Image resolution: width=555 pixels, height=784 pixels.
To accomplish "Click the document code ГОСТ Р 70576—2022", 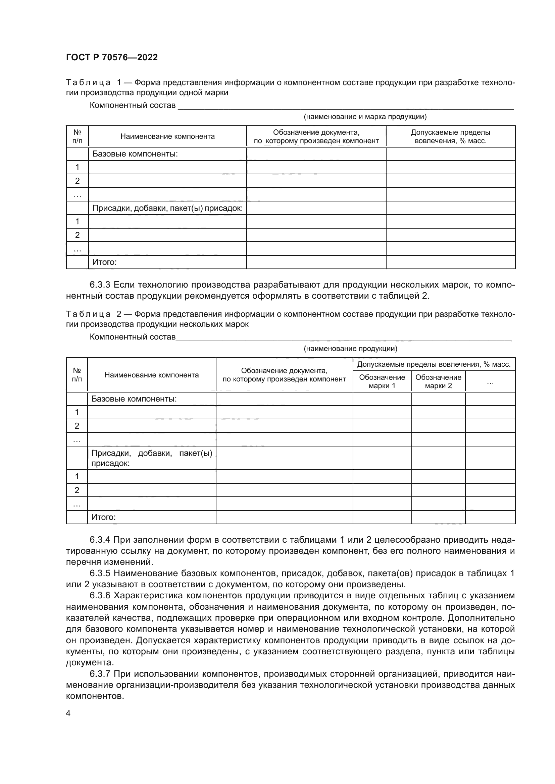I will tap(112, 57).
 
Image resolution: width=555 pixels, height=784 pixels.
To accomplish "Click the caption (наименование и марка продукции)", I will tap(365, 117).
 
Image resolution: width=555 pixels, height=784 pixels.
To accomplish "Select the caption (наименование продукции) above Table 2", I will tap(350, 349).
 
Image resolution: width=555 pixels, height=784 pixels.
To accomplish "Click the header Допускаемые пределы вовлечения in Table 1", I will tap(450, 136).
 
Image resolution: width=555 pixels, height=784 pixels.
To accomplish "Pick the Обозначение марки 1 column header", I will tap(382, 381).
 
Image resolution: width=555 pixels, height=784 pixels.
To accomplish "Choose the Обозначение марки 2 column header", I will tap(438, 381).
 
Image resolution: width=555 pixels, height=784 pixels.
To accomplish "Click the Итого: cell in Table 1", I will tap(105, 262).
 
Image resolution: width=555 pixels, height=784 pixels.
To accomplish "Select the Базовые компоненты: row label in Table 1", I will tap(135, 154).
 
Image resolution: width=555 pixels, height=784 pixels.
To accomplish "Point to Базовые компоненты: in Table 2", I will tap(134, 399).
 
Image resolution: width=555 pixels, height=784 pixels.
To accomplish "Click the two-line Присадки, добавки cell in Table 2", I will tap(151, 458).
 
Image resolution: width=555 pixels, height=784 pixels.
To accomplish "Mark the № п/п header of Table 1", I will tap(77, 136).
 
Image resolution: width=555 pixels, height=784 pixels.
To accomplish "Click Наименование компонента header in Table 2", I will tap(151, 375).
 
